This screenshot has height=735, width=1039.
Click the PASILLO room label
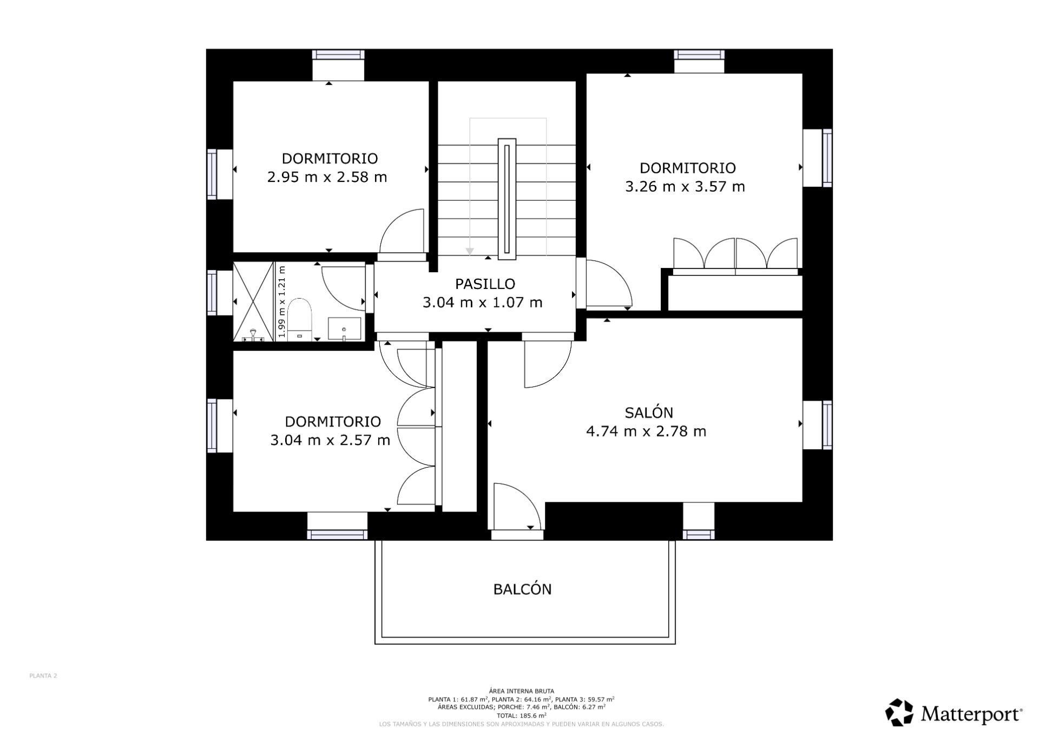tap(484, 284)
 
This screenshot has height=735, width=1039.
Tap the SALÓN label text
tap(648, 413)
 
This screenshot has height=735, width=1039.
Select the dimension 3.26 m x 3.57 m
tap(685, 187)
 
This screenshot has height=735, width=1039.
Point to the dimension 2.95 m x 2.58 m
tap(327, 178)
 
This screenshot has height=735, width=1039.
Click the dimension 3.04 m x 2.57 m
tap(330, 440)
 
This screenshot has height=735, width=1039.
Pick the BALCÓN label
tap(522, 589)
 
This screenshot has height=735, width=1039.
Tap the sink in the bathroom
tap(344, 329)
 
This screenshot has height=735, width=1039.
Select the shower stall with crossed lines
tap(253, 301)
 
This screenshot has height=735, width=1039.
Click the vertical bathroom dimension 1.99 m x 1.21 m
tap(281, 301)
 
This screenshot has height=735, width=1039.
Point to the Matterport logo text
tap(971, 714)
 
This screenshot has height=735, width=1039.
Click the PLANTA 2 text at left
tap(43, 675)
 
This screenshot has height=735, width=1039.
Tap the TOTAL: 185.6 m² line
tap(521, 715)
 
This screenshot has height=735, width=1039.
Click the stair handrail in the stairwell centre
tap(507, 197)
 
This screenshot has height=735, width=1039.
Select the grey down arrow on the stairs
tap(470, 251)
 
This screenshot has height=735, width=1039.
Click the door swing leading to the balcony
tap(514, 507)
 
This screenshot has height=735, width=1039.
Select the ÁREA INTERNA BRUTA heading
tap(521, 691)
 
